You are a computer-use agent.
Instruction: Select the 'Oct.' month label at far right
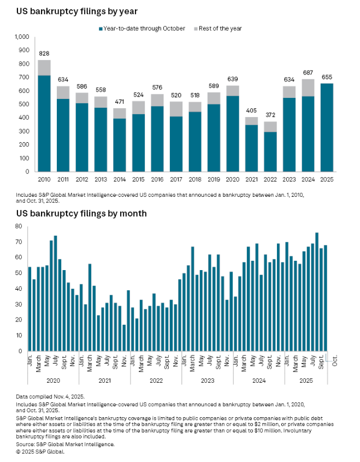pyautogui.click(x=334, y=361)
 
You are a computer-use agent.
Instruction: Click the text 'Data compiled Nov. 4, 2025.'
pyautogui.click(x=50, y=395)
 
